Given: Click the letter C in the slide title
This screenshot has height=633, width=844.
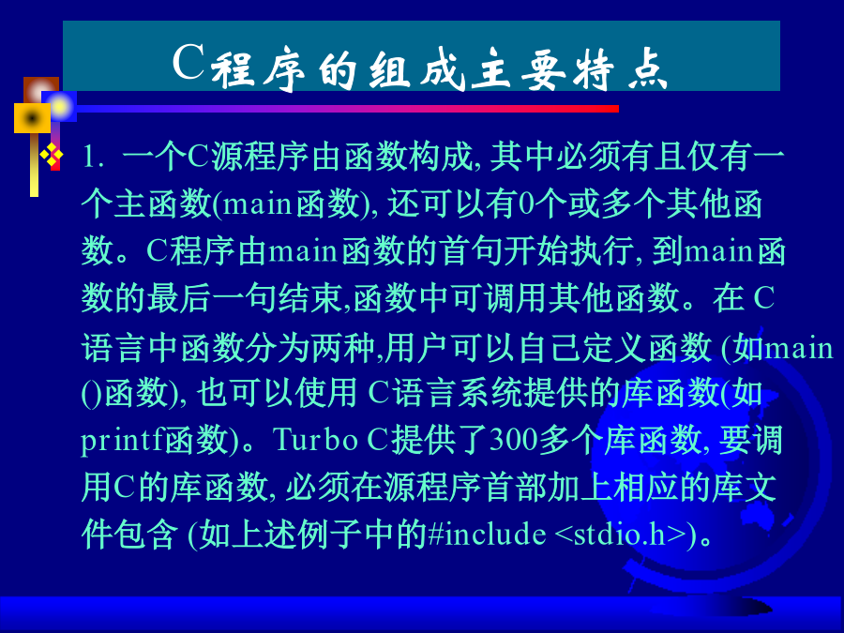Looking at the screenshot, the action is tap(188, 61).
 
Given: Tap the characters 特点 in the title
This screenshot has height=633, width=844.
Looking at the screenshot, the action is tap(620, 68).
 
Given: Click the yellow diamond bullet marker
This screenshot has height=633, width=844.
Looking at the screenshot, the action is tap(52, 156).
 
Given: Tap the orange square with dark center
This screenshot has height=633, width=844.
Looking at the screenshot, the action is tap(32, 118).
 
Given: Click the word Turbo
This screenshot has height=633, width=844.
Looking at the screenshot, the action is tap(315, 439).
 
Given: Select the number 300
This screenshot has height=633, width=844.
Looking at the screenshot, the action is tap(514, 439).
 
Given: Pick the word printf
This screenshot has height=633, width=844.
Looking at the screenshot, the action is tap(122, 441).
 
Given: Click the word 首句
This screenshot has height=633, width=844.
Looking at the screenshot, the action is tap(471, 250).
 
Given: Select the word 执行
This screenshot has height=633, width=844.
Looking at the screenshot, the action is tap(602, 250).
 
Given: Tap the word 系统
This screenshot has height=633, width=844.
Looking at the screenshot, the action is tap(490, 393).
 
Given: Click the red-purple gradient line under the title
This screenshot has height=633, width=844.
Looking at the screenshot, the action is tap(347, 110).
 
